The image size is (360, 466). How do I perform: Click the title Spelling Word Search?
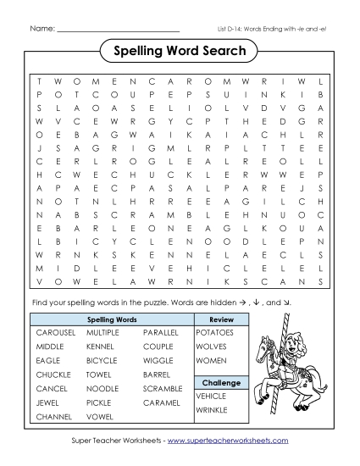click(180, 52)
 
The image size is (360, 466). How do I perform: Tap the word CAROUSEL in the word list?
click(56, 333)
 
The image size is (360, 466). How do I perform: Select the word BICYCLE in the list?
click(102, 361)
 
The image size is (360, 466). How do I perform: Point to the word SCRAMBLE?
click(163, 388)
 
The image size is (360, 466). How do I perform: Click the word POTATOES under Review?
click(214, 333)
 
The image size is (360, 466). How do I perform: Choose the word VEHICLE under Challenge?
click(211, 396)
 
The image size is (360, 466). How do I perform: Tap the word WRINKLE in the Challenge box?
click(212, 410)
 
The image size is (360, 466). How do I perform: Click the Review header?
click(221, 319)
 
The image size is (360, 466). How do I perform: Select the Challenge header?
click(221, 382)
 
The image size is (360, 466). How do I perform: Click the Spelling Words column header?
click(112, 319)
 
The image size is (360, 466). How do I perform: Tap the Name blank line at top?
click(118, 30)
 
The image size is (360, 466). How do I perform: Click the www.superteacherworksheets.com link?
click(228, 441)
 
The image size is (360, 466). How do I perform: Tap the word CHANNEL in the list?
click(54, 417)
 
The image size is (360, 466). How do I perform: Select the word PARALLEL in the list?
click(161, 333)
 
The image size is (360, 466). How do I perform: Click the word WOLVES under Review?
click(211, 347)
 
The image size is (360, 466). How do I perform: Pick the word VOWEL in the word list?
click(98, 417)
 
